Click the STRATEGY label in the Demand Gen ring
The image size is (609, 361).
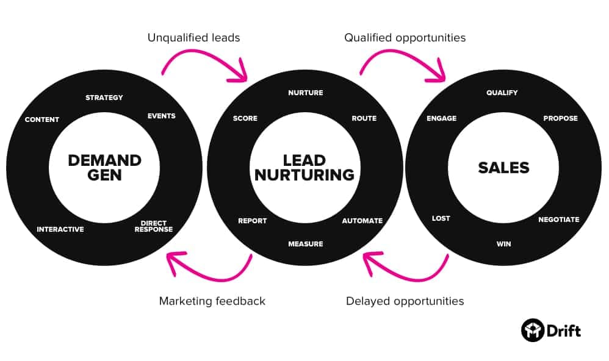point(104,98)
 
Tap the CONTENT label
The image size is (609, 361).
point(42,120)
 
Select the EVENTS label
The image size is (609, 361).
point(161,116)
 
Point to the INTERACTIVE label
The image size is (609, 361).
point(60,229)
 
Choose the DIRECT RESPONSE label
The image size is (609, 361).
point(154,226)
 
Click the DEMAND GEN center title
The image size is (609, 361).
point(104,167)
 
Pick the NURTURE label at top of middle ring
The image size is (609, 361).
point(305,93)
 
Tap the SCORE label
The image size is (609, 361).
point(245,118)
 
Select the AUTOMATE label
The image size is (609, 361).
point(362,221)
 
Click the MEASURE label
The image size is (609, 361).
point(305,244)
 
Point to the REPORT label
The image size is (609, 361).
point(252,221)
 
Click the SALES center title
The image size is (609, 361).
point(503,168)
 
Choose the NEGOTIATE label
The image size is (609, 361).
point(558,220)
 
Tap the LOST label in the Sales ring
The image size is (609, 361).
point(441,218)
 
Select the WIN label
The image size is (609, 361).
point(503,244)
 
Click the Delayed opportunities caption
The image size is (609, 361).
point(405,301)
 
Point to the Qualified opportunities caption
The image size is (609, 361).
point(405,38)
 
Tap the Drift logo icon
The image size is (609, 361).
point(532,331)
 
